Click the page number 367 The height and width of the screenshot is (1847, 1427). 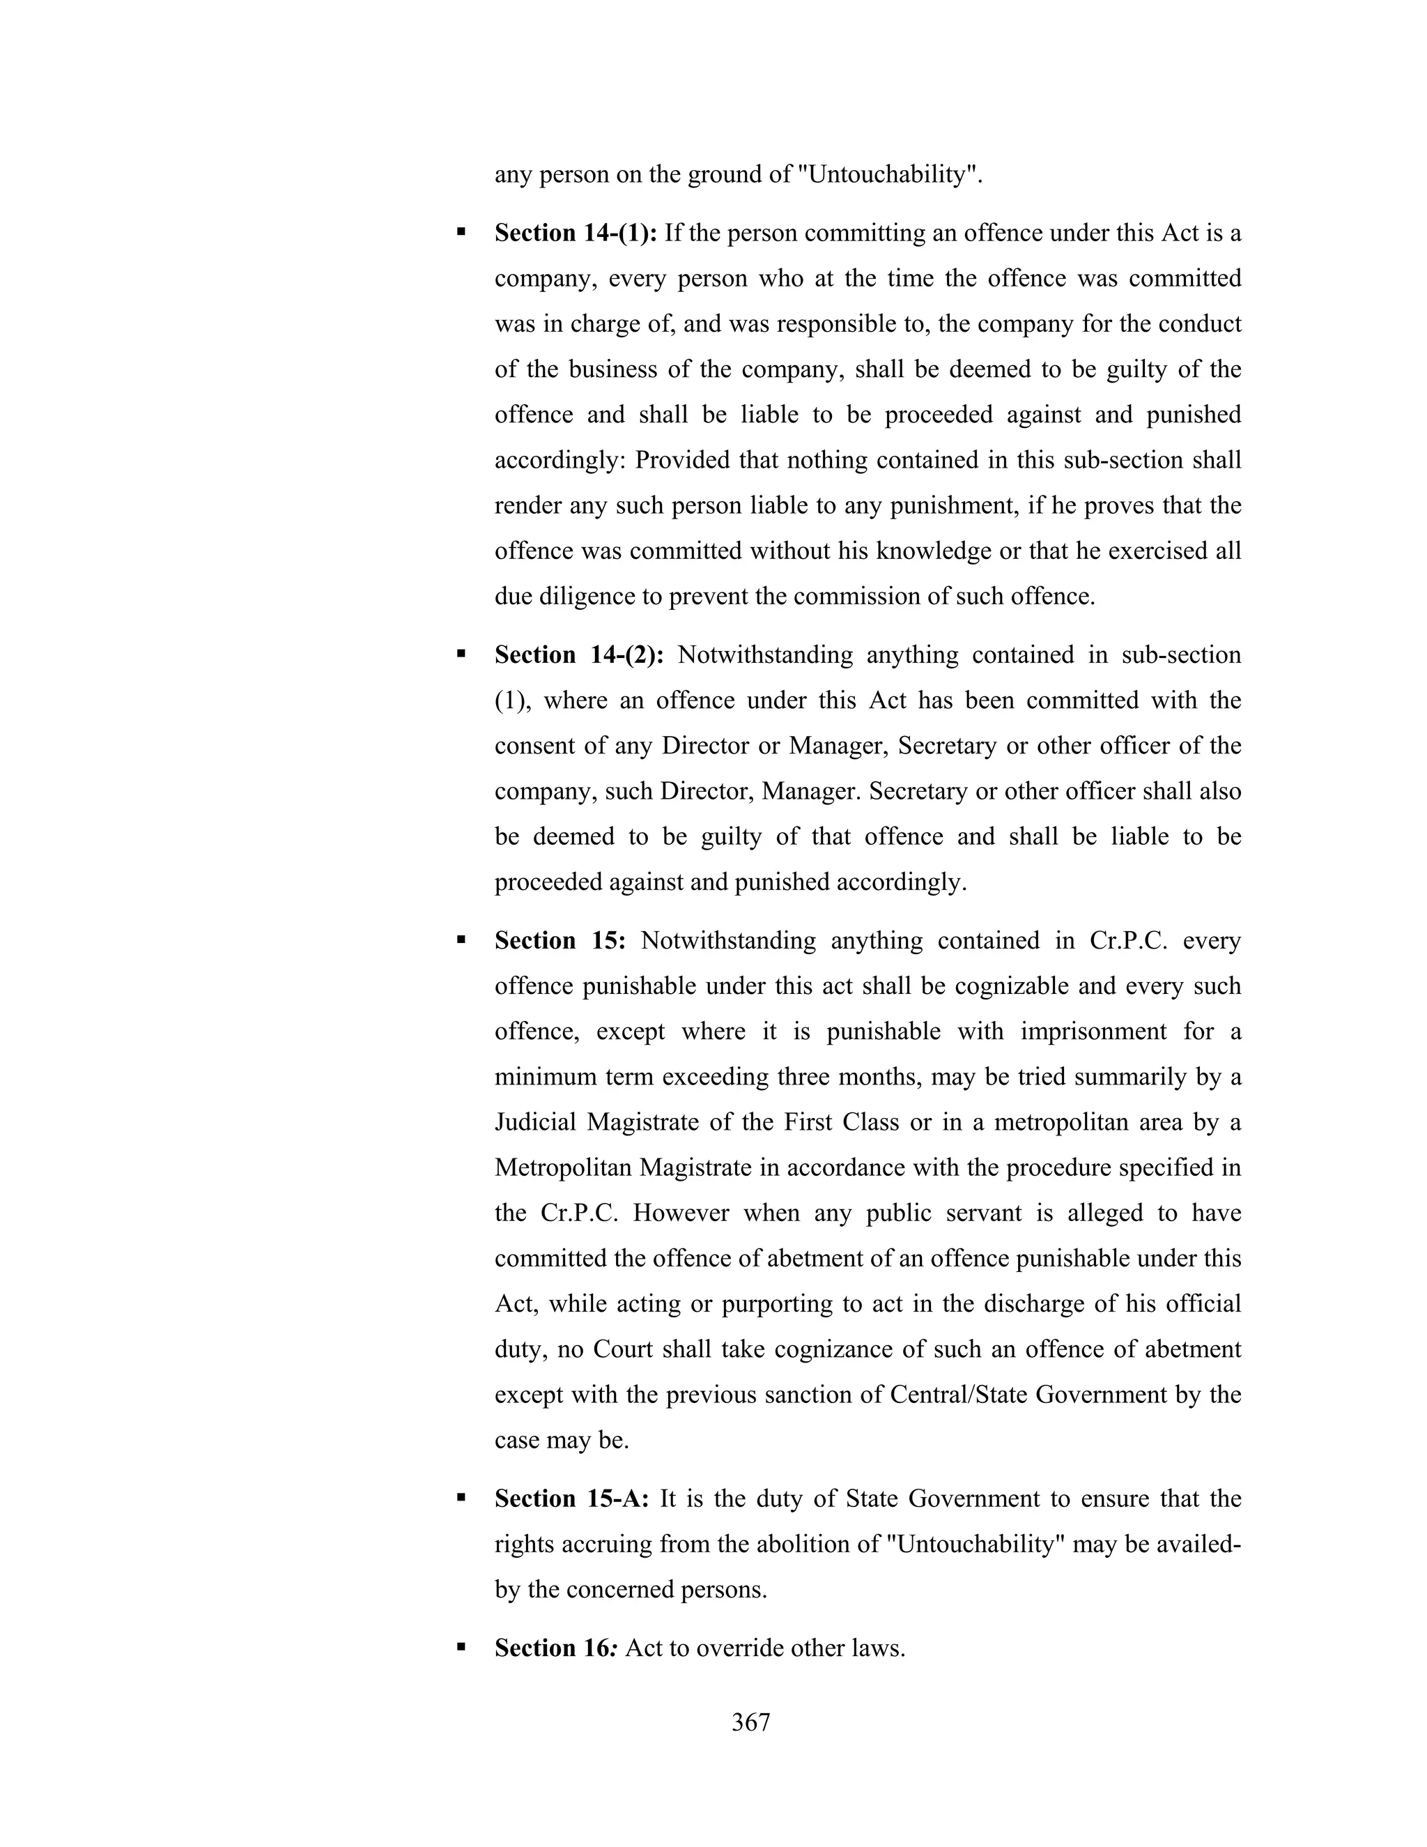pos(750,1723)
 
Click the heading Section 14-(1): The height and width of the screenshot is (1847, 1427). pos(576,233)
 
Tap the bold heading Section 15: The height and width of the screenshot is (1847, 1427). pos(560,940)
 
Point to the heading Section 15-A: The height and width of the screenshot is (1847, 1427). pos(571,1499)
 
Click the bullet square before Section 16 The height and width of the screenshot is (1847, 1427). pos(461,1646)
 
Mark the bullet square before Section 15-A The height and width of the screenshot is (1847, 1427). pos(461,1497)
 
